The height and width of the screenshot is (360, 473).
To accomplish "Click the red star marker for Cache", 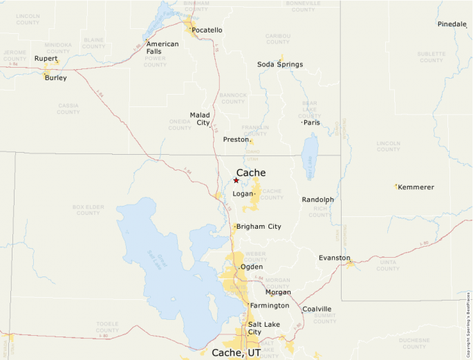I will pos(236,180).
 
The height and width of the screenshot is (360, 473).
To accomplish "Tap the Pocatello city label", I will pos(207,30).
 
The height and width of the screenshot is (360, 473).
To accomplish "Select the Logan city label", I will pos(243,194).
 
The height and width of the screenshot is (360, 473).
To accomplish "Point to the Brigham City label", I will pos(259,227).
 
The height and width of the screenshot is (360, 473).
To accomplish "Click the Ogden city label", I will pos(251,267).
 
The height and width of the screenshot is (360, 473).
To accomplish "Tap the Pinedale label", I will pos(452,24).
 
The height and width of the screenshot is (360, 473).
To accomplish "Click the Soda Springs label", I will pos(280,64).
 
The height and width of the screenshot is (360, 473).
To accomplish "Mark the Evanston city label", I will pos(334,258).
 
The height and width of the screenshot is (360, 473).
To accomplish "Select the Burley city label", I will pos(56,78).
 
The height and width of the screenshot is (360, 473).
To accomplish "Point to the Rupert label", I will pos(46,59).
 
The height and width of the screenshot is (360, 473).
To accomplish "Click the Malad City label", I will pos(200,119).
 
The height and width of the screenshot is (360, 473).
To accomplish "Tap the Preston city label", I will pos(235,140).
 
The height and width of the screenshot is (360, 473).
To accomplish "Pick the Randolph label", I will pos(317,200).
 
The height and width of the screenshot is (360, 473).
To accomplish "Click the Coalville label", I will pos(317,309).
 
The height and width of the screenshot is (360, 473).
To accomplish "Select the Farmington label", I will pos(269,305).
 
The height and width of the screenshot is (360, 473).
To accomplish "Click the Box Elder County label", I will pos(88,209).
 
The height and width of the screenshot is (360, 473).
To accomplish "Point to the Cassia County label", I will pos(68,108).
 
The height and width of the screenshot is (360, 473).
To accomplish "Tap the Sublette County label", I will pos(431,57).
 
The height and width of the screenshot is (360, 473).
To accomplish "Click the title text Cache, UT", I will pos(236,352).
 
